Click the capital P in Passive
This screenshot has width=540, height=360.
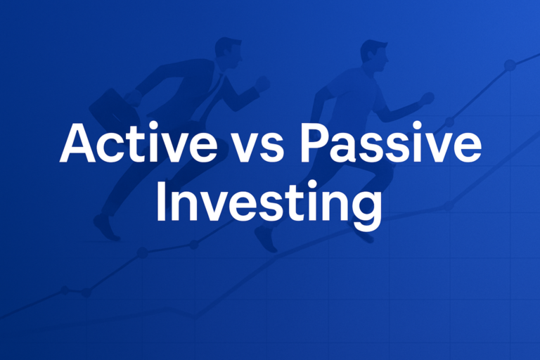tap(311, 144)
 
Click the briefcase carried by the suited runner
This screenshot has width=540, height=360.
tap(105, 105)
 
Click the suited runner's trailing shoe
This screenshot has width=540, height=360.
tap(106, 226)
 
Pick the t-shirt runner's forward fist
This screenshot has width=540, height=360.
tap(426, 98)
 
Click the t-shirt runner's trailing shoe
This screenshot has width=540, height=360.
tap(265, 238)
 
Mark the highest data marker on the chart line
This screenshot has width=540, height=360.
tap(510, 65)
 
